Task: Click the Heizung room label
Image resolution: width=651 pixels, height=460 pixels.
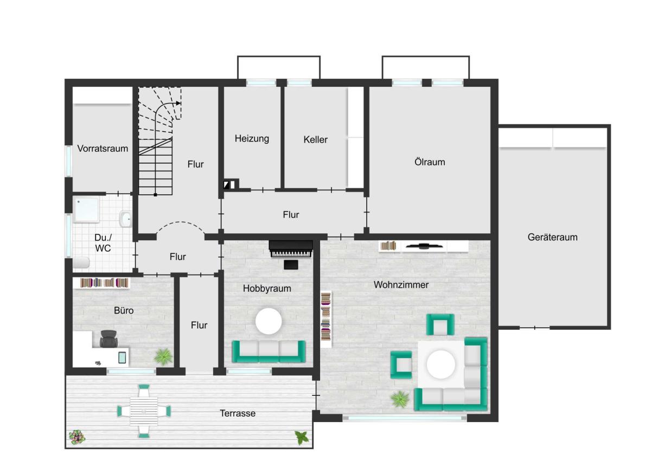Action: [252, 139]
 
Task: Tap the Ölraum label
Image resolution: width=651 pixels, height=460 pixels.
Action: [430, 162]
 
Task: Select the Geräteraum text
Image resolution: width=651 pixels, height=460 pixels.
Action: [552, 237]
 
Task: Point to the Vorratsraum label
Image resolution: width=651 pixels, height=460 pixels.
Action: [103, 149]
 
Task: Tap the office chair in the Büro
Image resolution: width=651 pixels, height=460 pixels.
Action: [108, 339]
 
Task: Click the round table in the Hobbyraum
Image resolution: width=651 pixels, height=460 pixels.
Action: [269, 321]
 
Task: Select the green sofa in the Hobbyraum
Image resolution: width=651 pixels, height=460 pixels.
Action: [269, 352]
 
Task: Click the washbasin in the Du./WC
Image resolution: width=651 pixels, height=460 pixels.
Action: [125, 219]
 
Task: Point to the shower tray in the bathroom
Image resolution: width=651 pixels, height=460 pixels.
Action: [86, 209]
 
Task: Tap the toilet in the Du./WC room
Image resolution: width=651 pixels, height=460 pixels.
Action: [81, 263]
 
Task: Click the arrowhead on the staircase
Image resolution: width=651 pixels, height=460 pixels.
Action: [178, 103]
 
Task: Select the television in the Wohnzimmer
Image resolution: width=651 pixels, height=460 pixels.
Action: [424, 246]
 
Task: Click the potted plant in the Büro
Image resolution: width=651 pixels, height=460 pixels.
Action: [163, 356]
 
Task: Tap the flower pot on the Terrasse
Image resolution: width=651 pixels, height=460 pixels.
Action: [77, 437]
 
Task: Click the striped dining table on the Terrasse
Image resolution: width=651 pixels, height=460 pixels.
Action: [144, 411]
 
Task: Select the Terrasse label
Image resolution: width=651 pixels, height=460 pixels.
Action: [238, 413]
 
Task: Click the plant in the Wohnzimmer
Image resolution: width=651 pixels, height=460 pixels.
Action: [400, 399]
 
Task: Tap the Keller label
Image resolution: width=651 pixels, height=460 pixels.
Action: [315, 139]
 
